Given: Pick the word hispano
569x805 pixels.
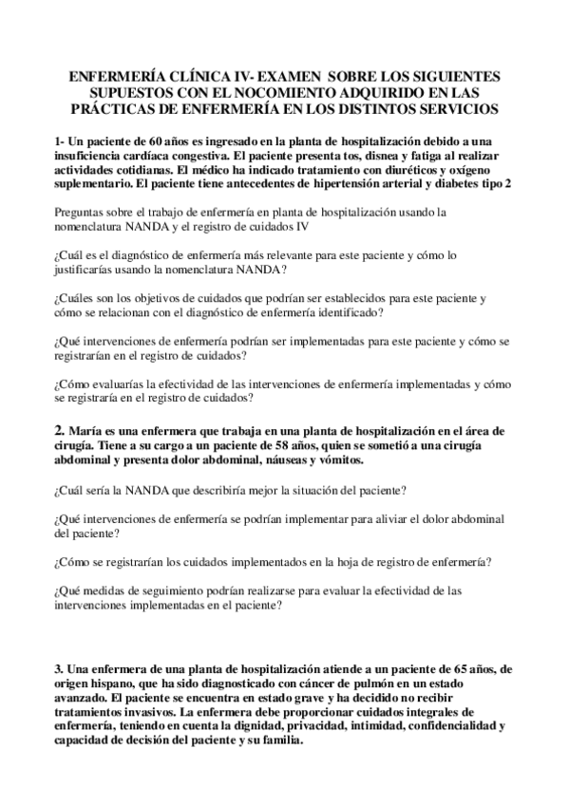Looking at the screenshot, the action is click(121, 683).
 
